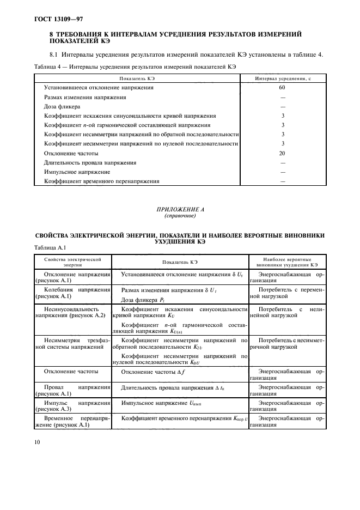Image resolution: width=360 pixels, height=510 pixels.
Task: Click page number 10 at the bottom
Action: [38, 444]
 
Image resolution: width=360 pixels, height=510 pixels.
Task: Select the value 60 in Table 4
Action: [282, 87]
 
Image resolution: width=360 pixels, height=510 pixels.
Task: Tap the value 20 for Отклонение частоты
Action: [282, 153]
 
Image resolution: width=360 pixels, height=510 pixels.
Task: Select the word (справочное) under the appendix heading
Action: [179, 216]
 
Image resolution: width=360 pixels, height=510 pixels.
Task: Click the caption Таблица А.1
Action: [48, 248]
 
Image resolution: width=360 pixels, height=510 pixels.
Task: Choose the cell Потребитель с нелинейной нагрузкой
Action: [287, 312]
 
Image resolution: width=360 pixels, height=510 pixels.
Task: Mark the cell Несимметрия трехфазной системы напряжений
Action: [73, 344]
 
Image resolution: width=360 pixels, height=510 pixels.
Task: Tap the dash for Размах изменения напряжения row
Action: [282, 97]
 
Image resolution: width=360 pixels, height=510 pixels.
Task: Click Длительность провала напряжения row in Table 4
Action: [82, 162]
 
